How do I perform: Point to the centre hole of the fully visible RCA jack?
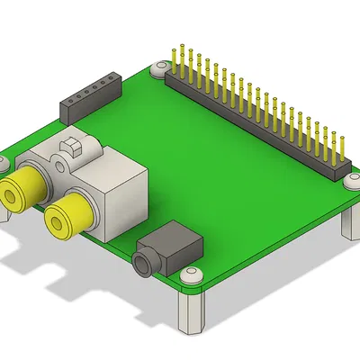(63, 218)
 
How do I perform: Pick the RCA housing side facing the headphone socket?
(126, 202)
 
